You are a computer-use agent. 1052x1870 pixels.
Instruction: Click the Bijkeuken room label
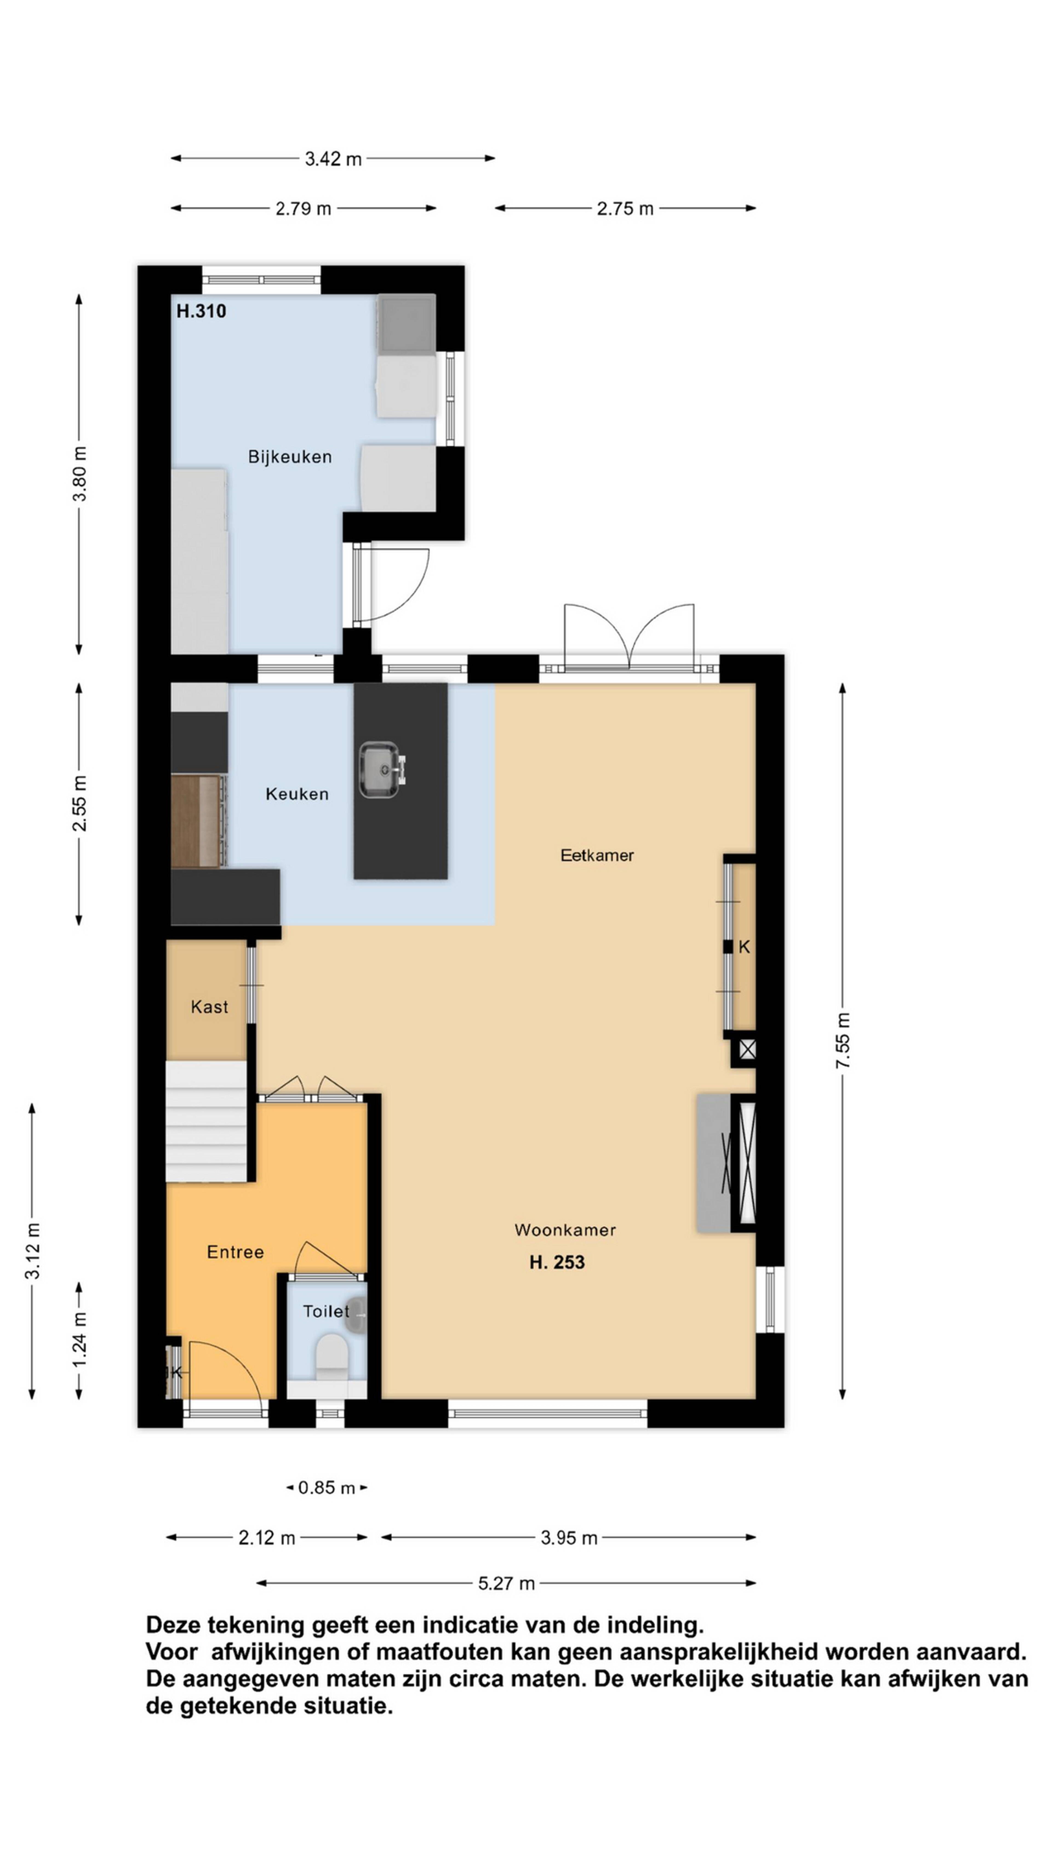[x=290, y=457]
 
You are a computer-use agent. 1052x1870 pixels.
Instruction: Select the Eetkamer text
[x=597, y=855]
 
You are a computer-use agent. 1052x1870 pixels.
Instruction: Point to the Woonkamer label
[x=565, y=1230]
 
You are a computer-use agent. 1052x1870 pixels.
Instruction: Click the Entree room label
[x=235, y=1251]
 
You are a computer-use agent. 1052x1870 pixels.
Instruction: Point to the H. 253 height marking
[x=557, y=1262]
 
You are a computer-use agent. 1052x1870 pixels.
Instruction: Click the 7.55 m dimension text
[x=842, y=1040]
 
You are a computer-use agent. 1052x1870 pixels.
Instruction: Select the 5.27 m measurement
[x=506, y=1583]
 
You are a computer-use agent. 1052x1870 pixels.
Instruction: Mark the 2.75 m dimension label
[x=625, y=208]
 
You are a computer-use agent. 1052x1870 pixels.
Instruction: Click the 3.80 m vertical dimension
[x=79, y=474]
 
